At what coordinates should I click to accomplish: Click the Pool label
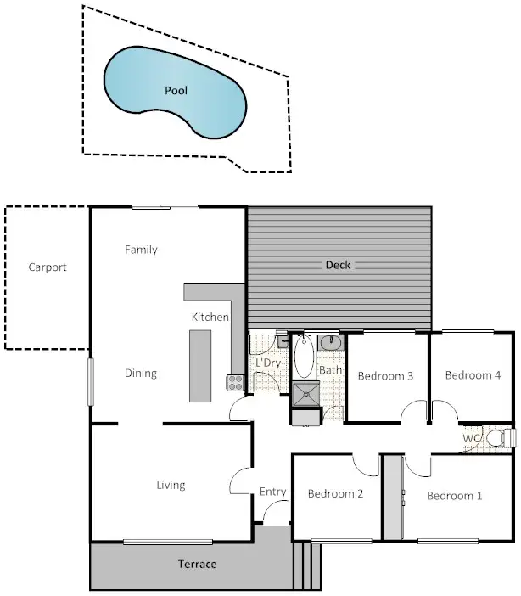176,90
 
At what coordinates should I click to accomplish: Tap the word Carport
47,267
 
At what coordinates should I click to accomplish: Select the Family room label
141,250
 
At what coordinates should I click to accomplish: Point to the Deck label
338,265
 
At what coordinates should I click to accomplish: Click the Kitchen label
210,317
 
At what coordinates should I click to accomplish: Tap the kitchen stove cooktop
234,382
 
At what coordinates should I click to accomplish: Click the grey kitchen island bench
199,365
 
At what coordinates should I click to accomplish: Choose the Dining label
141,373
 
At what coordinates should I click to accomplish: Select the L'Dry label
267,363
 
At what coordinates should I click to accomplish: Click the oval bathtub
304,357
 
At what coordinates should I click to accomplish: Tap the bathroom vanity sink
330,342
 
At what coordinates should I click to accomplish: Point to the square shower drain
304,393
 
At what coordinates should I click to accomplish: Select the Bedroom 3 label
385,376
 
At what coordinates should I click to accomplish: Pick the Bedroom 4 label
473,375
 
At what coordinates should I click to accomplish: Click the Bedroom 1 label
454,496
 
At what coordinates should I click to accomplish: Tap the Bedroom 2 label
335,493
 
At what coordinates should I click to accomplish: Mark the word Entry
272,492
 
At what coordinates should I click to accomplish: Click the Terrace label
197,565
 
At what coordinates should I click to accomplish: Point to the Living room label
171,486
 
